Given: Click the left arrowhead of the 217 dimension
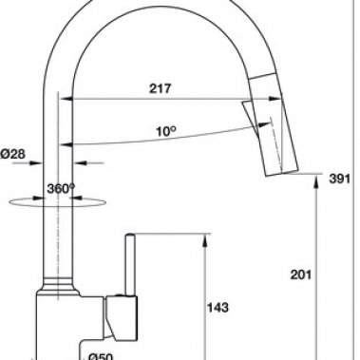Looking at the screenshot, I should point(67,97).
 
